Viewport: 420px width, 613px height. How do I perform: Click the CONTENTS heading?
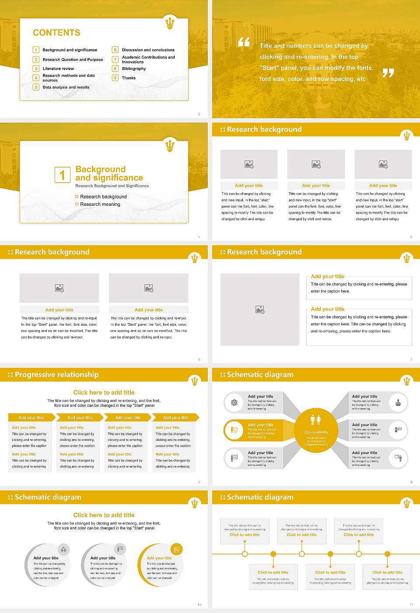(x=56, y=33)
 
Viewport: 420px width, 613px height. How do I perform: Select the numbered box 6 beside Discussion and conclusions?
(x=115, y=50)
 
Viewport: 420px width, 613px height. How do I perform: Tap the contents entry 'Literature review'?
(x=58, y=69)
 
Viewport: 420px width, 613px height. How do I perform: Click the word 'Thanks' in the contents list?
(x=129, y=78)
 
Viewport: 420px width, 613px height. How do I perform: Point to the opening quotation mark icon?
(x=244, y=42)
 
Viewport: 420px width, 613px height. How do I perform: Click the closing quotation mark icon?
(x=388, y=73)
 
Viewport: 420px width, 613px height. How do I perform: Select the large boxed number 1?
(x=62, y=175)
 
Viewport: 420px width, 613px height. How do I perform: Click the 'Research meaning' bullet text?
(x=100, y=204)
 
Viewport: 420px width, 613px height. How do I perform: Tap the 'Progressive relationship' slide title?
(x=56, y=375)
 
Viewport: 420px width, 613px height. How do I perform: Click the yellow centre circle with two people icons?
(x=316, y=430)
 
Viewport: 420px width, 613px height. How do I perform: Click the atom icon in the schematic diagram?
(x=234, y=402)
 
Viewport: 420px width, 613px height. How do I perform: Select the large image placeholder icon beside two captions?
(x=260, y=310)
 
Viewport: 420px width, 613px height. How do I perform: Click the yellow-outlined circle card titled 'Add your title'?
(x=160, y=565)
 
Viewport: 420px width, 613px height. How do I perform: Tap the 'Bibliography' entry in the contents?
(x=134, y=69)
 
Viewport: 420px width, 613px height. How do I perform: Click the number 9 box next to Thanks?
(x=115, y=78)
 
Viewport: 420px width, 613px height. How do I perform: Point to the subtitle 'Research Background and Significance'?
(x=112, y=186)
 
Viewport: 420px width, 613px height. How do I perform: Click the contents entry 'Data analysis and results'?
(x=66, y=88)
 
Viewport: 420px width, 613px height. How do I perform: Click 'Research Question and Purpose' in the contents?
(x=73, y=60)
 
